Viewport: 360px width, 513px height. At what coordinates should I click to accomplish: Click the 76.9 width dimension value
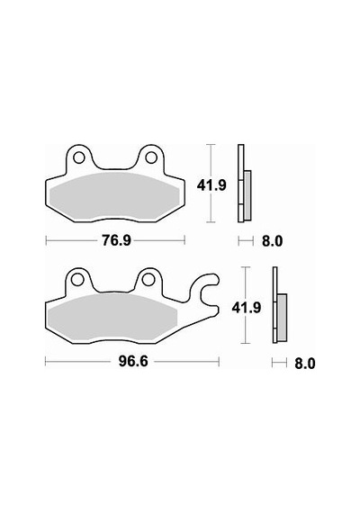click(x=116, y=241)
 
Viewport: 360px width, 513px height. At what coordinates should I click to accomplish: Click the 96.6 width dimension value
click(x=133, y=362)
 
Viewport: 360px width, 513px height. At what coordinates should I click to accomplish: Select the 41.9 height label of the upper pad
click(x=211, y=185)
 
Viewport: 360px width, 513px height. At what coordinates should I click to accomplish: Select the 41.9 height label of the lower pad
click(x=246, y=308)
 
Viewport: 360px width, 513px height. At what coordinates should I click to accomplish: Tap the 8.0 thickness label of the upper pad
click(x=272, y=241)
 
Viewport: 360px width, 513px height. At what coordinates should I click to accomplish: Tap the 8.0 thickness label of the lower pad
click(x=305, y=364)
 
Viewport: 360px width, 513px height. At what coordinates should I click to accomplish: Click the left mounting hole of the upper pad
click(x=78, y=158)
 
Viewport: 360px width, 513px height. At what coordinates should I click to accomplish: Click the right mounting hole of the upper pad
click(x=150, y=158)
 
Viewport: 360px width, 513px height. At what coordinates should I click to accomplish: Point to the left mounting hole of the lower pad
click(x=76, y=280)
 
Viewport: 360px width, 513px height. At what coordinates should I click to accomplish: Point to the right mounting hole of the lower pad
click(x=148, y=280)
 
